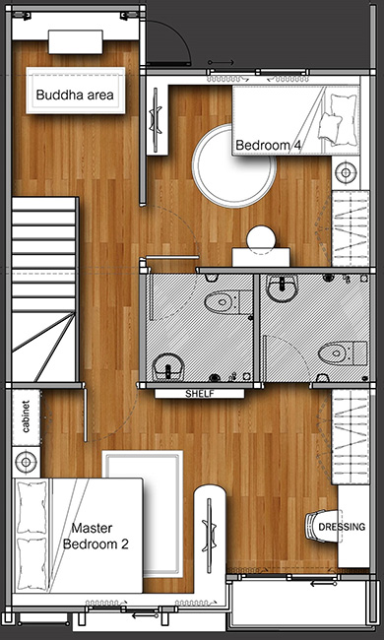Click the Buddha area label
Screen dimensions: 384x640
click(x=75, y=96)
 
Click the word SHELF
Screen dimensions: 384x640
click(x=200, y=394)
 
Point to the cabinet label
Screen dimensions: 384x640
click(x=27, y=416)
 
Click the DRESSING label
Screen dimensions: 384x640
click(x=342, y=527)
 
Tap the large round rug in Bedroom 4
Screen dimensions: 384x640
click(x=233, y=166)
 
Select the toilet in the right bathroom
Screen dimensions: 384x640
click(x=343, y=353)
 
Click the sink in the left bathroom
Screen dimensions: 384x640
click(x=168, y=366)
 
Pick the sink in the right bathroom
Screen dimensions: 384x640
click(x=284, y=288)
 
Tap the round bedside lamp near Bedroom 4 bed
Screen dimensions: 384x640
click(x=346, y=172)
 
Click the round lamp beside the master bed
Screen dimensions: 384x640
click(x=27, y=462)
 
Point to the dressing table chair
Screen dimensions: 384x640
click(x=322, y=527)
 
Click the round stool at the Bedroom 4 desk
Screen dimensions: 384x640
click(x=261, y=240)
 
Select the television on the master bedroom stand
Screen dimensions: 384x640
click(x=211, y=532)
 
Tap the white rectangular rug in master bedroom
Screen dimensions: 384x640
click(x=143, y=514)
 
